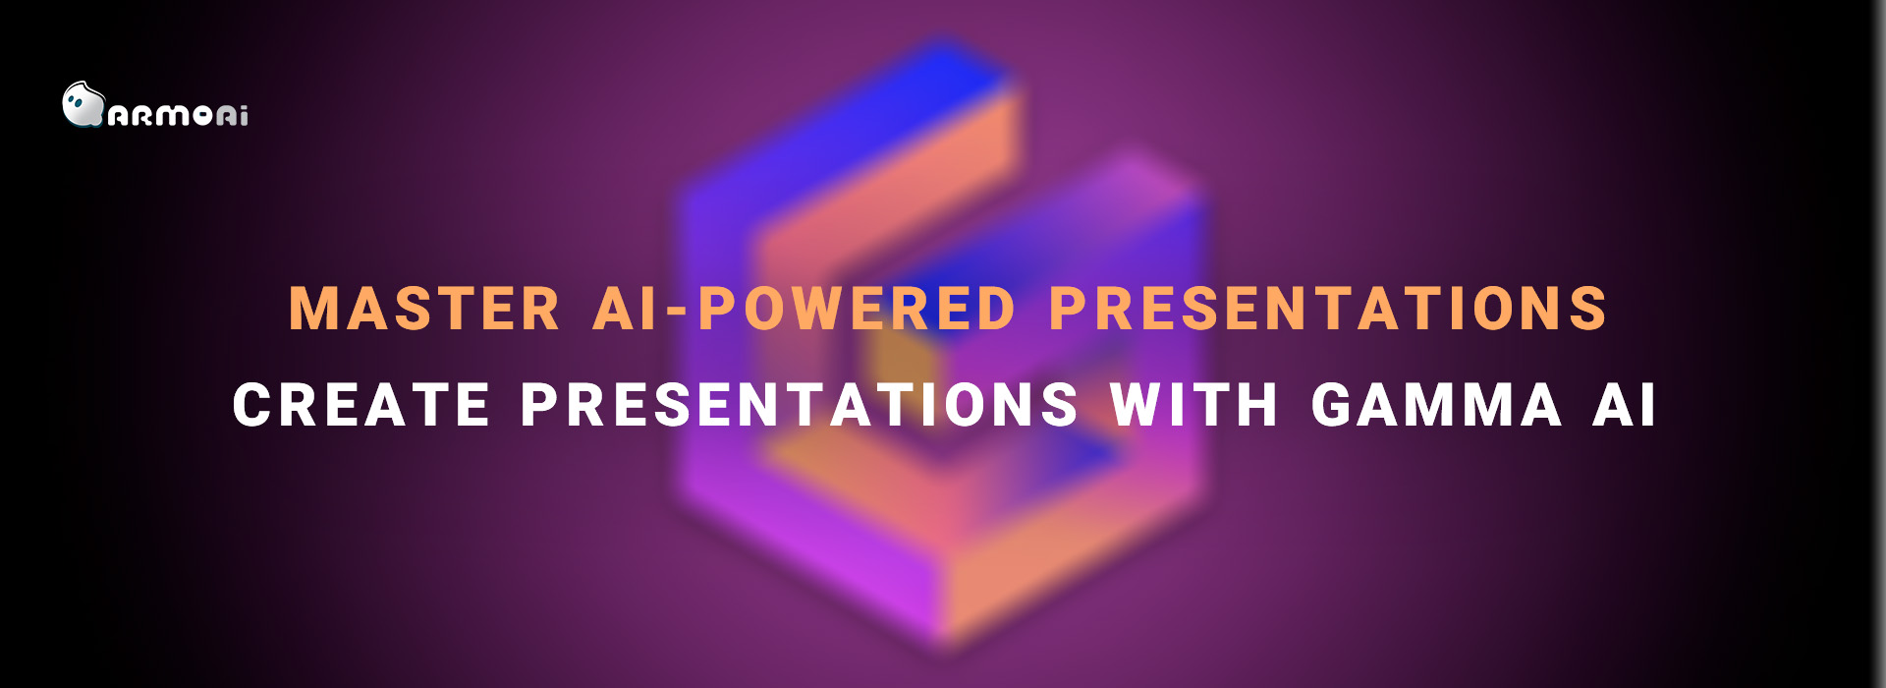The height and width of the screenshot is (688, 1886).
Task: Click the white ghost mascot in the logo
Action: pyautogui.click(x=82, y=104)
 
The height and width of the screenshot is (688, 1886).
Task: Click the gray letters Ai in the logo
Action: pyautogui.click(x=233, y=116)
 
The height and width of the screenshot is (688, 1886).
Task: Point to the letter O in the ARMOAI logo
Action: pyautogui.click(x=202, y=116)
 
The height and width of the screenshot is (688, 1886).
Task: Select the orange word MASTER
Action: pyautogui.click(x=424, y=309)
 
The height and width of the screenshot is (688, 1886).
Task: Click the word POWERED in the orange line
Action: pyautogui.click(x=857, y=309)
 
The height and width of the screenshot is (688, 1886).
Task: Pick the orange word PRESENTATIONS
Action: pyautogui.click(x=1328, y=309)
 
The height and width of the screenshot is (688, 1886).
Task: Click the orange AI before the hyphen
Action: pyautogui.click(x=625, y=309)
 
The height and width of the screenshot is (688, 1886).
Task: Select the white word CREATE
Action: pyautogui.click(x=361, y=405)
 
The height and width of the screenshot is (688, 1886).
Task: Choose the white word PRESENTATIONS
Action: pyautogui.click(x=800, y=405)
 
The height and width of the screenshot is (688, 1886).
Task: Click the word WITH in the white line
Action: pyautogui.click(x=1194, y=405)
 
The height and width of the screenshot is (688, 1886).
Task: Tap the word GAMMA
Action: pyautogui.click(x=1436, y=405)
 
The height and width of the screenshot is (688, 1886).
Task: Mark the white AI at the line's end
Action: pyautogui.click(x=1625, y=405)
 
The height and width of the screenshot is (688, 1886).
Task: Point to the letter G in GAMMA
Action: pyautogui.click(x=1337, y=405)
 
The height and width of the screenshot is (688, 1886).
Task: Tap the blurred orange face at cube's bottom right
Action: pyautogui.click(x=1071, y=550)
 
